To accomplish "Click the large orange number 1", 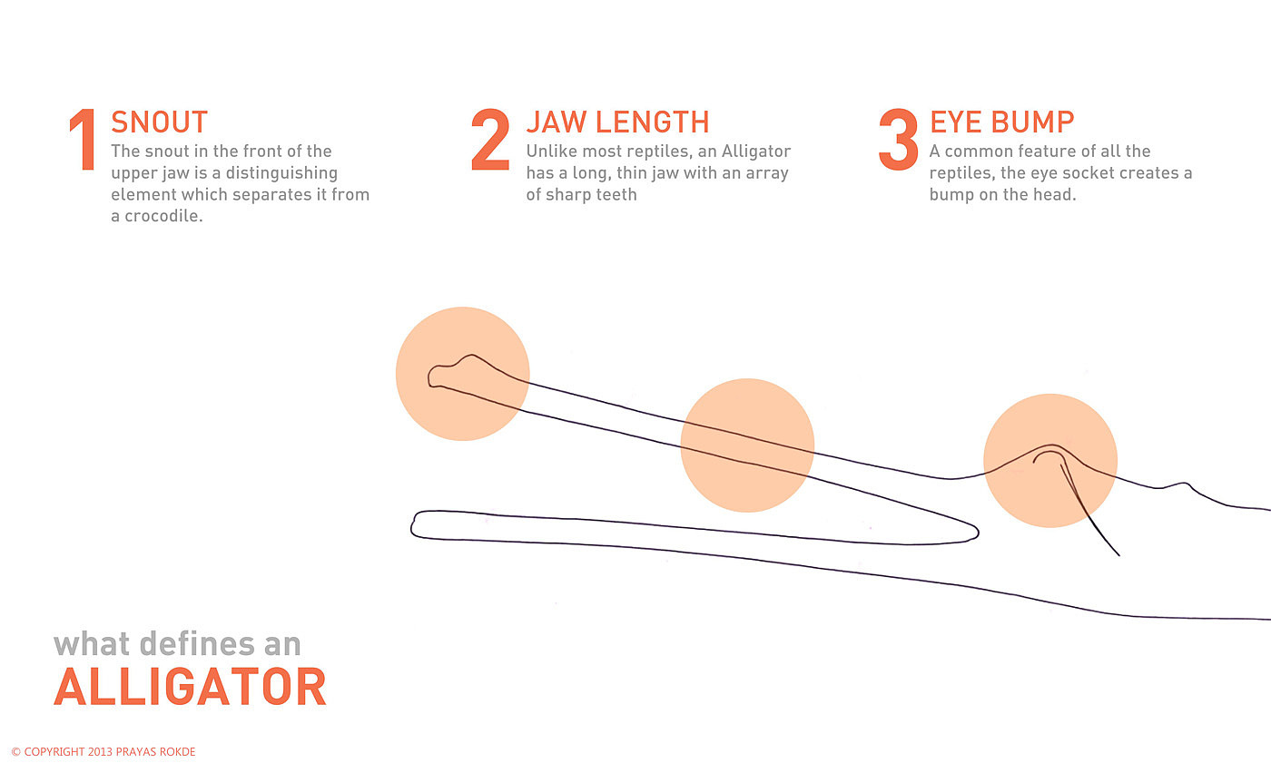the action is [x=83, y=140].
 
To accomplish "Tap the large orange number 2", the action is [x=490, y=140].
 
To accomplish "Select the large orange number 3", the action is [x=898, y=140].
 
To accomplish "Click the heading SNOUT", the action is [x=160, y=122].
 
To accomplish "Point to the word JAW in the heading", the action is [x=548, y=122].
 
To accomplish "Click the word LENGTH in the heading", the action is [x=653, y=122].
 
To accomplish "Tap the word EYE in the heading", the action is [x=955, y=122].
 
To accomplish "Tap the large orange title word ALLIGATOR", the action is [x=190, y=687].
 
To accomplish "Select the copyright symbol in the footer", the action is [x=16, y=752].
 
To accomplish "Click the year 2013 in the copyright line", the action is [x=100, y=752].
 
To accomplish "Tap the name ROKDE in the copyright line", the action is [x=177, y=752].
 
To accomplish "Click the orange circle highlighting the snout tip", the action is [x=462, y=374].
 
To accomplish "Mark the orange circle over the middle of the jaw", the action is [x=747, y=445].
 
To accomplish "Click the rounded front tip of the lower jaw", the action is [x=413, y=525].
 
